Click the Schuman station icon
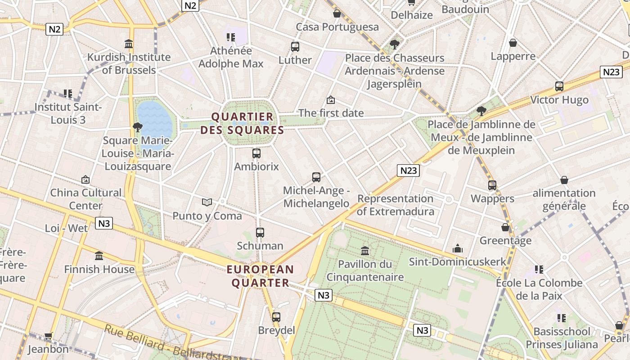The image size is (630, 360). point(260,233)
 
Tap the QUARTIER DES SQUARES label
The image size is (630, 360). point(242,124)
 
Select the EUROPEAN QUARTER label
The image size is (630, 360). point(260,276)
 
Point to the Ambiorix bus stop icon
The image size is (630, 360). point(256,153)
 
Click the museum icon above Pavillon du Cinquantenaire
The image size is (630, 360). point(365,251)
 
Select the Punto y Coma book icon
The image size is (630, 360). point(207,202)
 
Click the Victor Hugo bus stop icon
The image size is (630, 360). point(559,86)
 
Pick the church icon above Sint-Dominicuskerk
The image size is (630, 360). point(458,248)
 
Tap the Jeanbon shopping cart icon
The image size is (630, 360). point(48,336)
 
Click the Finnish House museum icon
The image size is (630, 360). point(99,256)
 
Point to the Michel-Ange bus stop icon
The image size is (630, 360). point(316,177)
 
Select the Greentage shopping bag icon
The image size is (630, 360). point(505,227)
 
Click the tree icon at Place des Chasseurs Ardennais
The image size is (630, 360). point(395,44)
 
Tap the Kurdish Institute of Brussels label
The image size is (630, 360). point(129,63)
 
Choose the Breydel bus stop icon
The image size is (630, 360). point(276,317)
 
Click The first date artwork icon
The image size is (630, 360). point(331,100)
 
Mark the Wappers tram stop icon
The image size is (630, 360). point(492,185)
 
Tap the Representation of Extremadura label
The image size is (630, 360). point(396,205)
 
